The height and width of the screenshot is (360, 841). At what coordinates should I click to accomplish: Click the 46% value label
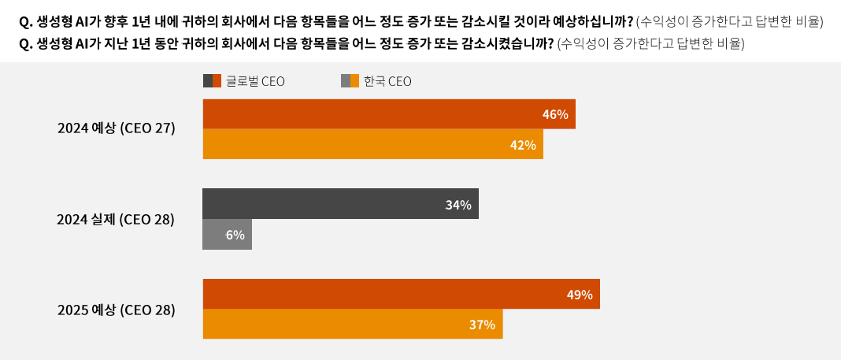555,114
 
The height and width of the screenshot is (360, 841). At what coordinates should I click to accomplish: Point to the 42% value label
523,145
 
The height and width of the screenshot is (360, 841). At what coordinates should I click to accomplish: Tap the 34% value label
458,205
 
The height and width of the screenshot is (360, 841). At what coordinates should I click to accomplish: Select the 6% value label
235,235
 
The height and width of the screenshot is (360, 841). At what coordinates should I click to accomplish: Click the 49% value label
580,295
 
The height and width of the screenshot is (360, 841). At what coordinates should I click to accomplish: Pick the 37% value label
482,325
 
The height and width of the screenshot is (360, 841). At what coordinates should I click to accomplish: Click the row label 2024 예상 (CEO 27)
116,128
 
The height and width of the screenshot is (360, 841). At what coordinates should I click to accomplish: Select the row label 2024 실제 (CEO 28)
115,220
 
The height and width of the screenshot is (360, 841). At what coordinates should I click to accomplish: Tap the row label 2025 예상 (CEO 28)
116,310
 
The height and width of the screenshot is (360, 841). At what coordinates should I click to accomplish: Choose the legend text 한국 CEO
387,81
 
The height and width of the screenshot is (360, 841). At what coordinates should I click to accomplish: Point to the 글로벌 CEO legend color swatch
212,80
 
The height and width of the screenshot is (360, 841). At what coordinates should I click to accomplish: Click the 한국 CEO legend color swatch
350,80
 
